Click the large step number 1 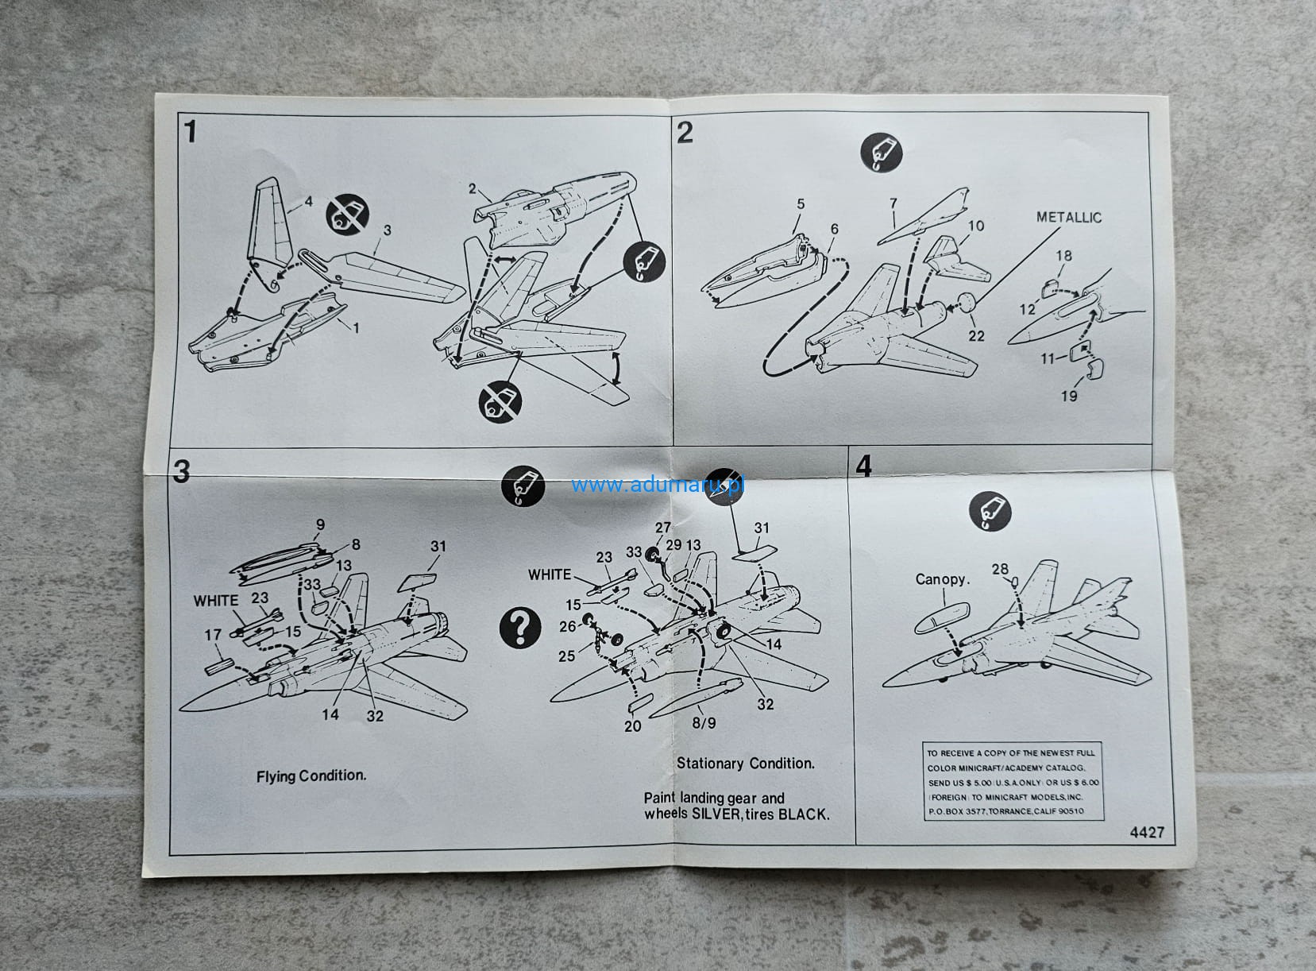pyautogui.click(x=190, y=131)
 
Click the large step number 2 pyautogui.click(x=685, y=132)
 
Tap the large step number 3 pyautogui.click(x=182, y=471)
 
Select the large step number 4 pyautogui.click(x=863, y=466)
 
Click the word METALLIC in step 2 pyautogui.click(x=1068, y=218)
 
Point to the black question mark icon pyautogui.click(x=520, y=629)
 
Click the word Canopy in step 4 pyautogui.click(x=942, y=579)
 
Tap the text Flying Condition pyautogui.click(x=311, y=776)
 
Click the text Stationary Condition pyautogui.click(x=746, y=764)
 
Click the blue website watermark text pyautogui.click(x=657, y=485)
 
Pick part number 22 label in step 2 pyautogui.click(x=976, y=336)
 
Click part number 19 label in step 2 pyautogui.click(x=1069, y=396)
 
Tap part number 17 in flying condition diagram pyautogui.click(x=212, y=635)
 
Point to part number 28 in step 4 pyautogui.click(x=999, y=569)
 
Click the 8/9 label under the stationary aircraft pyautogui.click(x=704, y=723)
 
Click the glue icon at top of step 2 pyautogui.click(x=882, y=152)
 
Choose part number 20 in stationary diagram pyautogui.click(x=632, y=725)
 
